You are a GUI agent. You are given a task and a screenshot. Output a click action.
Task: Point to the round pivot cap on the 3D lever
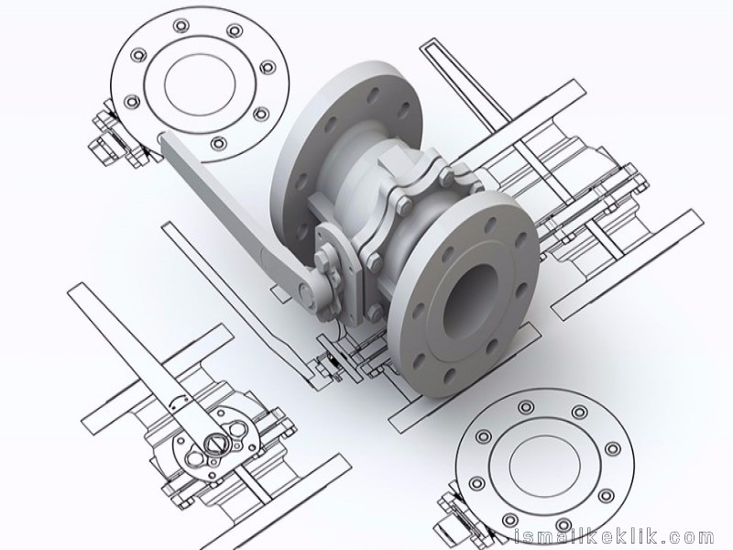coord(305,292)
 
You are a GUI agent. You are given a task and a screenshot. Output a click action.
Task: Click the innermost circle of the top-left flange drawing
coord(200,84)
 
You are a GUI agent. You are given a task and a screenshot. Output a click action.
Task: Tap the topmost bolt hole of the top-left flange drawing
coord(181,25)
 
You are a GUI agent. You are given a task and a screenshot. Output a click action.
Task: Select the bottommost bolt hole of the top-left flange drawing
coord(218,143)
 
